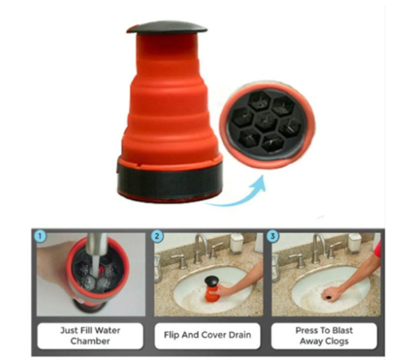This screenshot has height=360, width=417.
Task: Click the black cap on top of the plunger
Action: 167,27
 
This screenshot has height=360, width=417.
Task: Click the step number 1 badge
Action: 40,236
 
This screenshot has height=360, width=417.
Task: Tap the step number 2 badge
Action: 157,236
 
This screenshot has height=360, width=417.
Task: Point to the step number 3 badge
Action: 272,236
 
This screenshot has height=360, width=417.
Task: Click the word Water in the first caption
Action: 107,330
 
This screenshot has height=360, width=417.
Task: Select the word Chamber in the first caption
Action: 90,341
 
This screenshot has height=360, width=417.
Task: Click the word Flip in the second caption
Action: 171,335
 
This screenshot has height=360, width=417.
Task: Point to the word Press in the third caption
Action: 305,330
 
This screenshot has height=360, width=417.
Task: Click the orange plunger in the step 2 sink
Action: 212,289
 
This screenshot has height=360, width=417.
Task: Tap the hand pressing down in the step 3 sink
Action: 331,294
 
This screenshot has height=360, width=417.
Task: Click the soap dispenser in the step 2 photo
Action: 236,243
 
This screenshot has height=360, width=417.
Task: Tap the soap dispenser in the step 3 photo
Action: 355,243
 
